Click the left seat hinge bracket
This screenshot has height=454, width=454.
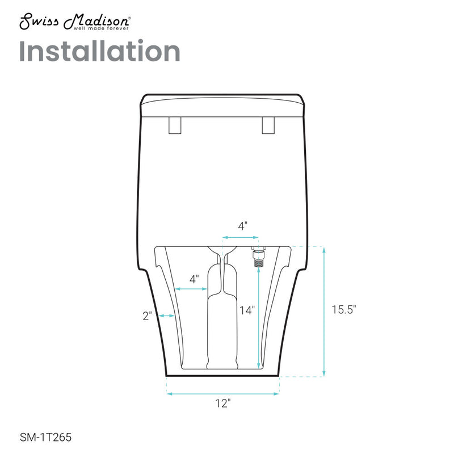click(175, 125)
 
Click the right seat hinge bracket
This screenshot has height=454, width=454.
click(268, 125)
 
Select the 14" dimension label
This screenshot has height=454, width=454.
click(246, 310)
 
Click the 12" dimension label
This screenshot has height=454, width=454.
click(223, 403)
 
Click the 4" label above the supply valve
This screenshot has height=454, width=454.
click(242, 225)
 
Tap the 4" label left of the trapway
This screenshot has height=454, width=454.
click(194, 279)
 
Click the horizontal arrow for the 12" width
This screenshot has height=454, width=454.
click(223, 393)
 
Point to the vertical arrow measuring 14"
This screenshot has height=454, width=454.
click(259, 318)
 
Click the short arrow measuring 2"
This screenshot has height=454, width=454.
click(166, 316)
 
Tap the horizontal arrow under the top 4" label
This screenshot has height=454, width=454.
click(241, 237)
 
